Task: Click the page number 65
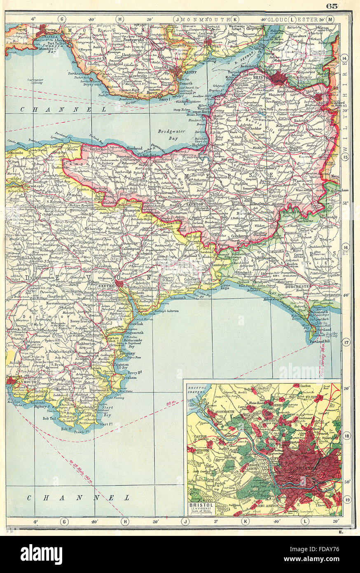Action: point(332,6)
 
